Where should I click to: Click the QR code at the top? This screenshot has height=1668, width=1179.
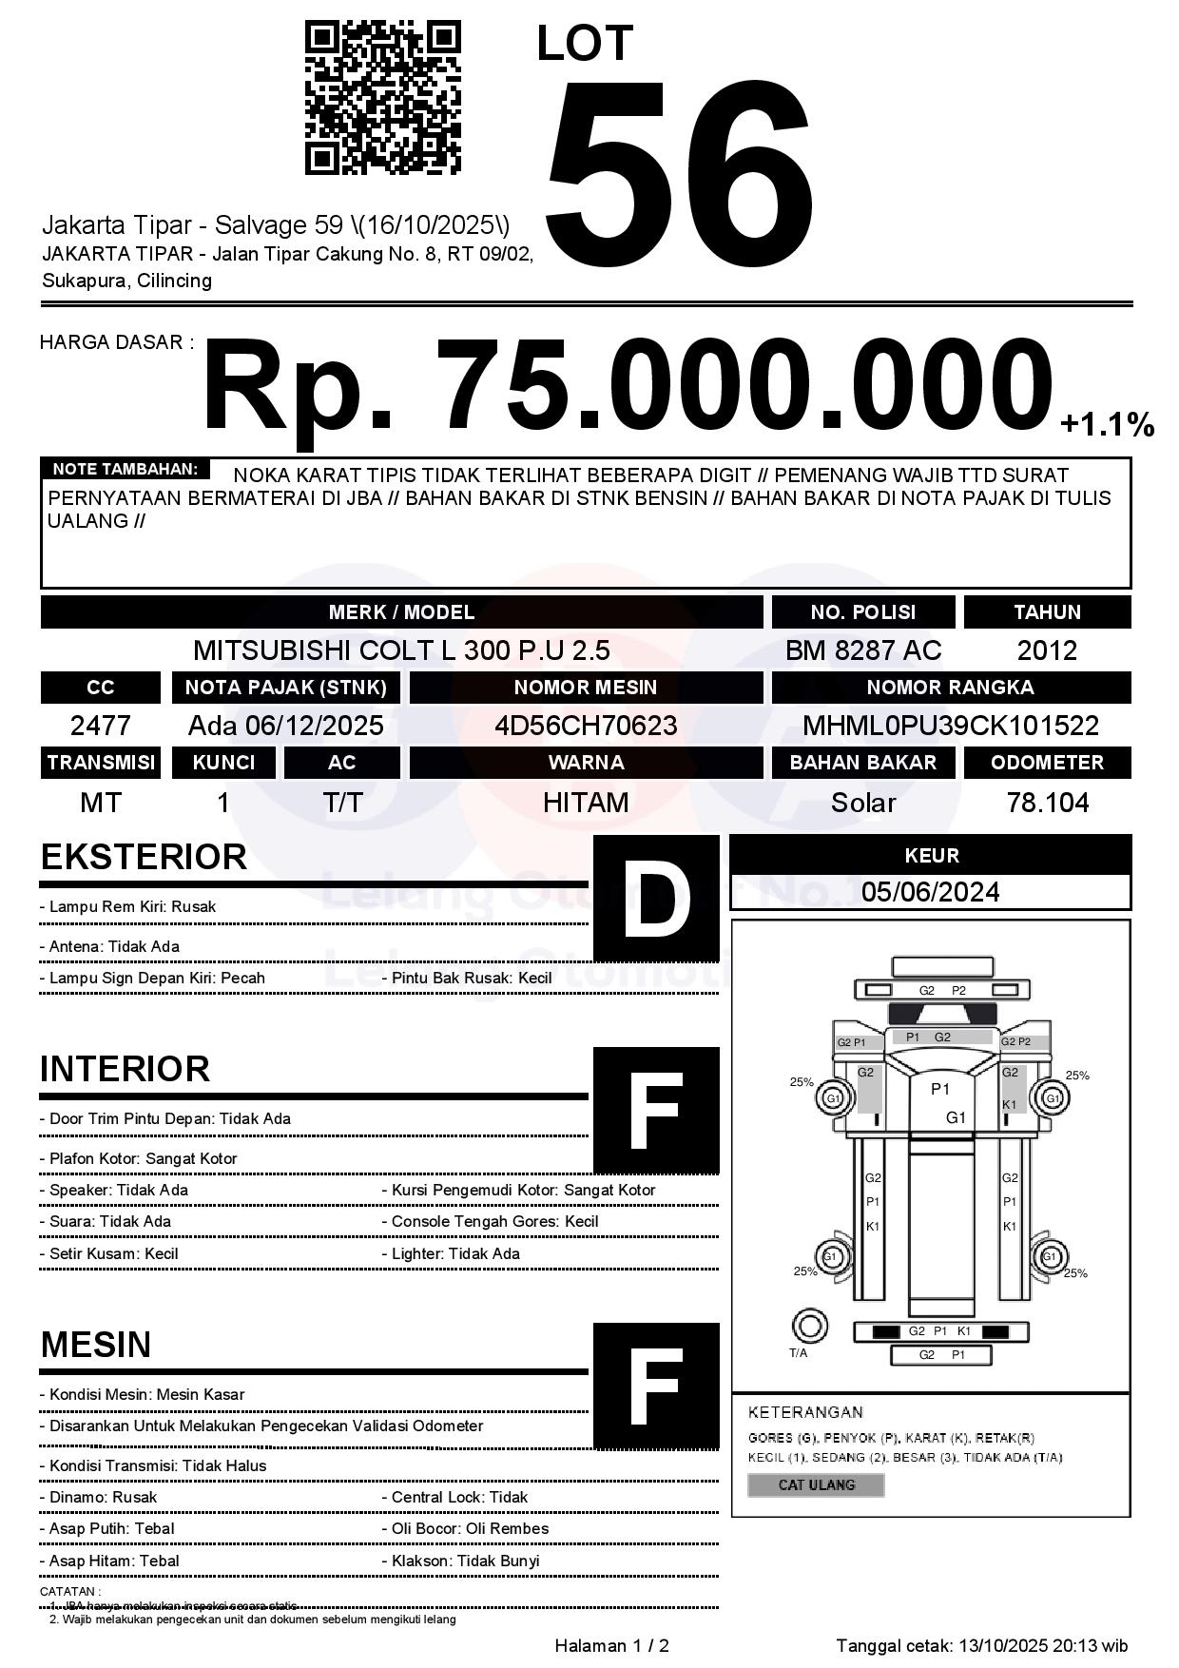[382, 98]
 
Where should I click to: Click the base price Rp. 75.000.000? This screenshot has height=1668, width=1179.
[628, 388]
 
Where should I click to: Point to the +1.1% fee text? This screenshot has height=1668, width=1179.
[1107, 424]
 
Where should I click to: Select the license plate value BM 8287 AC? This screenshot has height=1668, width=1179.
[862, 650]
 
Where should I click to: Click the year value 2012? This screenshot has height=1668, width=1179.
[1047, 650]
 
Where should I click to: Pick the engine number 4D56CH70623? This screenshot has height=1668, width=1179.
[586, 726]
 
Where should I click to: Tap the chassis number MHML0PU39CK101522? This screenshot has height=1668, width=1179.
[951, 726]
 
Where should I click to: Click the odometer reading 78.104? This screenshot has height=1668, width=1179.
[1047, 803]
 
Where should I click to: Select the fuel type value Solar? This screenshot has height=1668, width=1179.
[862, 803]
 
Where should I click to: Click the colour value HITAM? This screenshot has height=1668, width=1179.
[586, 803]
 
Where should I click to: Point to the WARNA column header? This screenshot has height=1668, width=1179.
[586, 763]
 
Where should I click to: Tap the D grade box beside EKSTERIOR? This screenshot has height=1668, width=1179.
[656, 899]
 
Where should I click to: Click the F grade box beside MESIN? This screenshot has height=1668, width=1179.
[656, 1386]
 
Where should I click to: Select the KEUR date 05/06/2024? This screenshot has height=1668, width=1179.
[930, 892]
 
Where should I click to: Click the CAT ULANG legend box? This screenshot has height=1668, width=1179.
[816, 1484]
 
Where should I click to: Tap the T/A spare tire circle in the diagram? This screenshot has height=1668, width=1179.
[809, 1325]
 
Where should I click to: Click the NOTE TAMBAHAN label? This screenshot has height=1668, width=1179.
[125, 469]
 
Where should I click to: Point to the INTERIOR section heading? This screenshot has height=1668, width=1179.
[125, 1069]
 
